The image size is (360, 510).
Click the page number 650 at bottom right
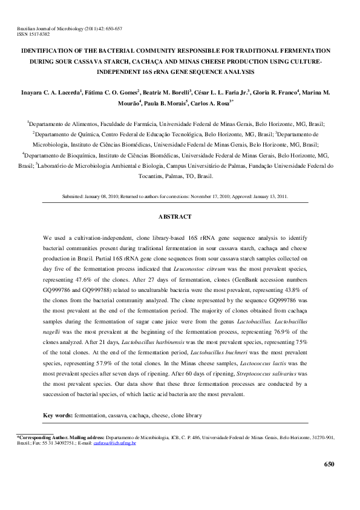click(329, 464)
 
